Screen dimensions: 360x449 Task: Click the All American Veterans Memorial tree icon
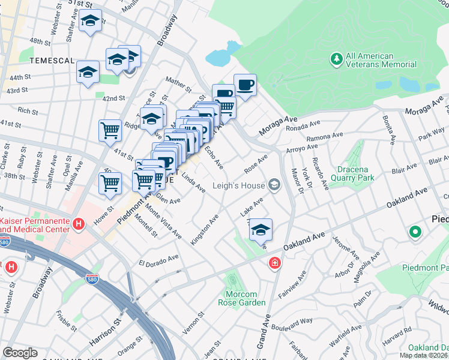coord(336,59)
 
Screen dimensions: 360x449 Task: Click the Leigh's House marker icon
coord(275,185)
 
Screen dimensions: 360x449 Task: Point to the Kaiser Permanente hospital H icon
coord(77,224)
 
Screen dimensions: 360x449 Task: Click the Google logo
coord(20,353)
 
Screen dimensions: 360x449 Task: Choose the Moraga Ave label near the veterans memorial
coord(279,126)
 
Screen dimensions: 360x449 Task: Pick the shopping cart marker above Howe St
coord(110,184)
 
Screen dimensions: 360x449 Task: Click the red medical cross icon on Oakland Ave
coord(274,263)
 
